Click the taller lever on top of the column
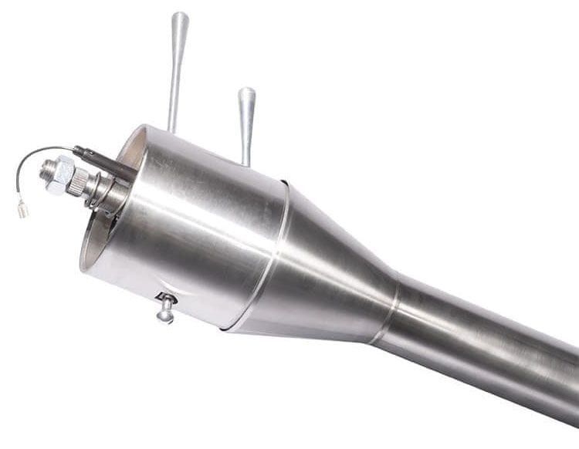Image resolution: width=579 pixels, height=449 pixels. (x=177, y=69)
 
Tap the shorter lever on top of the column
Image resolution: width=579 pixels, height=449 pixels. (x=246, y=123)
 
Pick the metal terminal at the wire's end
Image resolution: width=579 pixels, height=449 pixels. (x=23, y=208)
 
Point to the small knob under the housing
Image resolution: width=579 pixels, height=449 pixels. (x=166, y=312)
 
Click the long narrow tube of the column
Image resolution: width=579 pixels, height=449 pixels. (x=486, y=347)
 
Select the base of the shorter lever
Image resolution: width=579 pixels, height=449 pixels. (x=246, y=158)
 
